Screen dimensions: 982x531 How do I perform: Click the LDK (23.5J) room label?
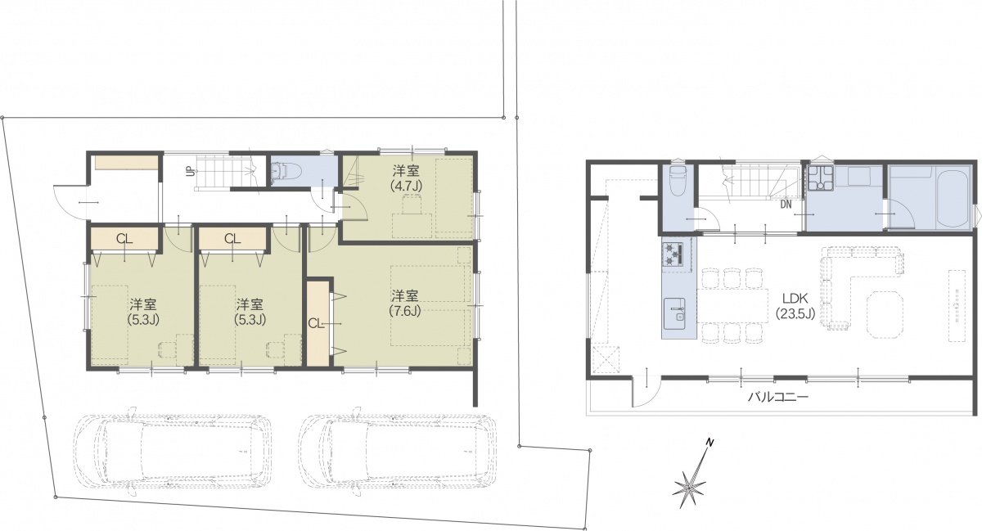click(795, 306)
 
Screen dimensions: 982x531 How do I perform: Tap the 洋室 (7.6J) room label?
click(404, 303)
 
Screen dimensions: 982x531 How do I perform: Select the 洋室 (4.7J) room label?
click(406, 178)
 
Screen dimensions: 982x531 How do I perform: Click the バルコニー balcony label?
click(777, 398)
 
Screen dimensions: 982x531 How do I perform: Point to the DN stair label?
click(786, 205)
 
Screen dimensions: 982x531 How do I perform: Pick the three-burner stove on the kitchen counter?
click(673, 254)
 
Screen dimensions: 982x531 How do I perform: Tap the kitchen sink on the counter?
click(673, 314)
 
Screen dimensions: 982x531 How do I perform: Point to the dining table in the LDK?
click(733, 306)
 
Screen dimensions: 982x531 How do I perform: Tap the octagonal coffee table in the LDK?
click(885, 314)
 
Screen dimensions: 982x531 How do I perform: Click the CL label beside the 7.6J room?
click(315, 324)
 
